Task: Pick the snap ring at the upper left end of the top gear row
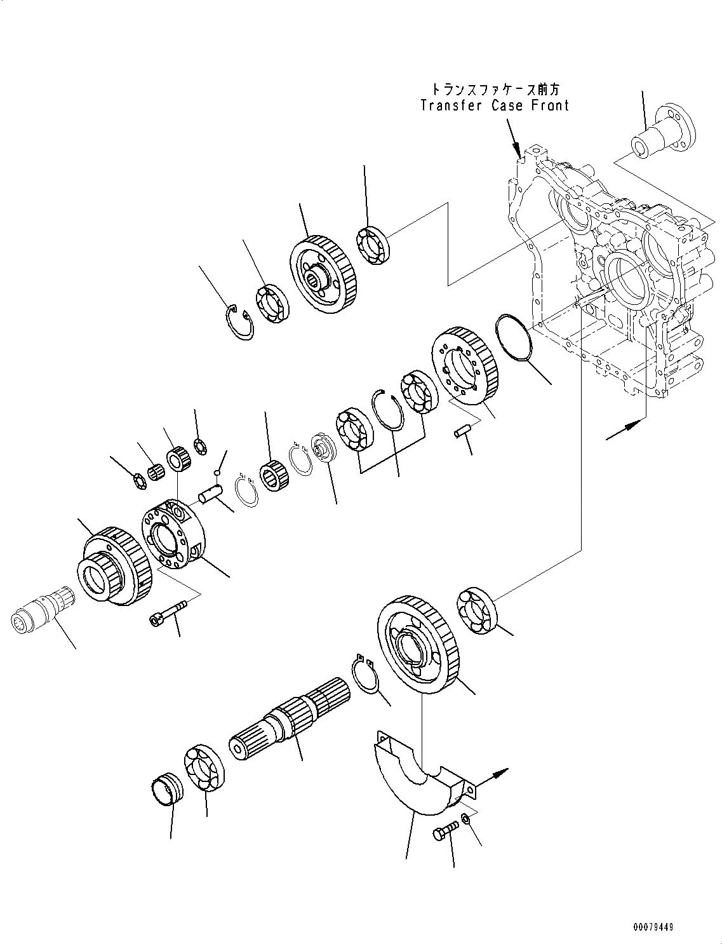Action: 240,322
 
